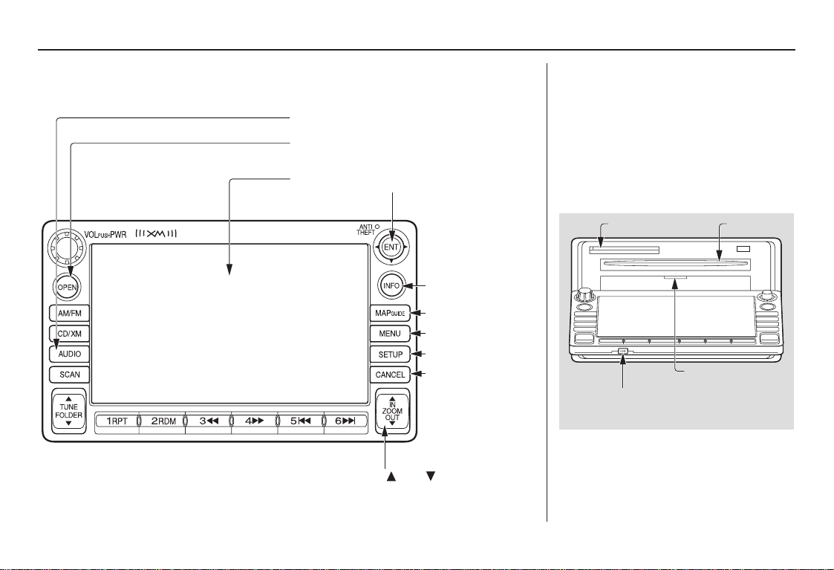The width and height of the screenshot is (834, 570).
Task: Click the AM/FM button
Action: coord(69,314)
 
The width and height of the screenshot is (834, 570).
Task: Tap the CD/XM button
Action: coord(69,334)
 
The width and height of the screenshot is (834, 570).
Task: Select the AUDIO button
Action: coord(69,354)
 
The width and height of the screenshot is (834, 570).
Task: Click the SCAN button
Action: coord(69,375)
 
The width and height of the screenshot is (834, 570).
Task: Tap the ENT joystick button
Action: coord(391,247)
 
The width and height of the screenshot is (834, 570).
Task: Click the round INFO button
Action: coord(391,286)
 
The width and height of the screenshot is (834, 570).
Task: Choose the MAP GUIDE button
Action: coord(391,314)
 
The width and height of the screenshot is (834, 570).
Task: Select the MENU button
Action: coord(391,334)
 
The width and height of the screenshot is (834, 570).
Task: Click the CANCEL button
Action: coord(391,375)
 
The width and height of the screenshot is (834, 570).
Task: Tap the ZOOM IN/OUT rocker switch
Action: coord(392,411)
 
